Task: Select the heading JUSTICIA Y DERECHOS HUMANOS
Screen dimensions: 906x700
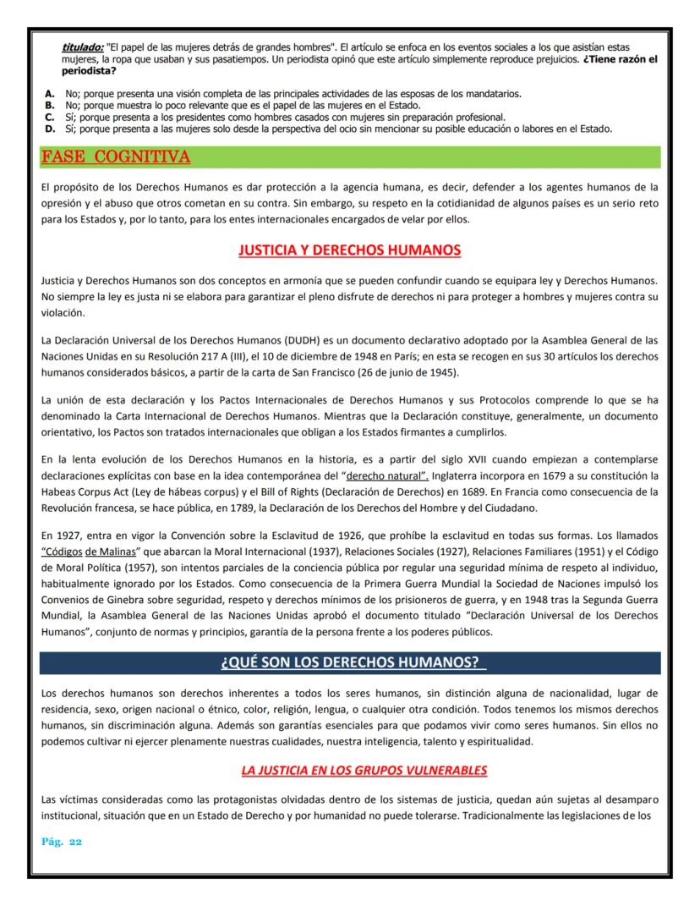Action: [349, 250]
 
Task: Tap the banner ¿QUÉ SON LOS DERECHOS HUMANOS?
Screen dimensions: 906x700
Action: [349, 662]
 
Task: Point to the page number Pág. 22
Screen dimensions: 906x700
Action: [61, 843]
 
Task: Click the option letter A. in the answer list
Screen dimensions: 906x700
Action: [50, 93]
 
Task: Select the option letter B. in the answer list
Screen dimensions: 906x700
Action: [50, 105]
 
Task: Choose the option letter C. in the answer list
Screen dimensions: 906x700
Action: [50, 117]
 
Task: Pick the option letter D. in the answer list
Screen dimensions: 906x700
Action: [50, 129]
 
